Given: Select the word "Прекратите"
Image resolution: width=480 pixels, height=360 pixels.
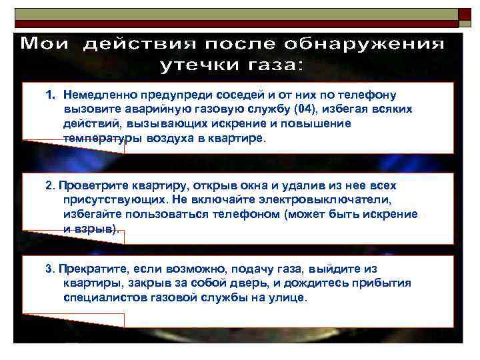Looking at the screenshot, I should [91, 269].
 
